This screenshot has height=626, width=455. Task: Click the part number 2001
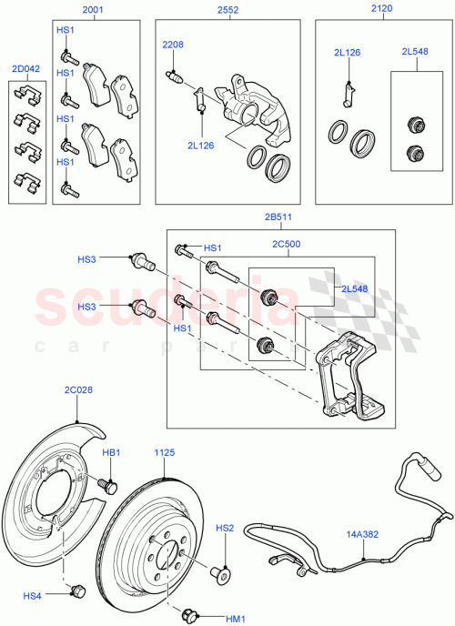pyautogui.click(x=94, y=10)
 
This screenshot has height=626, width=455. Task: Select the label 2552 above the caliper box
pyautogui.click(x=228, y=10)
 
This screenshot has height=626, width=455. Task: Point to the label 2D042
pyautogui.click(x=25, y=69)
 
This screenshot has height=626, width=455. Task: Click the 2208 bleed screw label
pyautogui.click(x=173, y=45)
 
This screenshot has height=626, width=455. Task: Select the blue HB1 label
pyautogui.click(x=111, y=452)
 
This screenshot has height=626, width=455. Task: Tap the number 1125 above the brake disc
pyautogui.click(x=164, y=452)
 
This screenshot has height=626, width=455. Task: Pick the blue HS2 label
pyautogui.click(x=224, y=528)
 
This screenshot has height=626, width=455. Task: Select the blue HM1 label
pyautogui.click(x=238, y=620)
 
